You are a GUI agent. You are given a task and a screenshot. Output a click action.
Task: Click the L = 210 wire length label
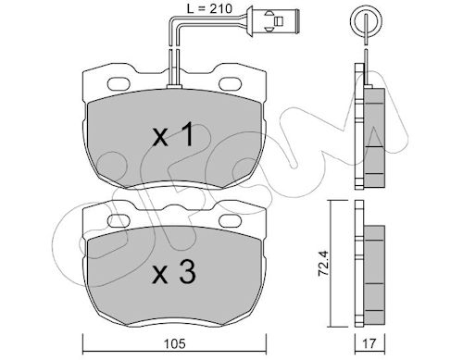click(x=209, y=8)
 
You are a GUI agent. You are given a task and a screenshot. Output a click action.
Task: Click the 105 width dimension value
click(x=175, y=343)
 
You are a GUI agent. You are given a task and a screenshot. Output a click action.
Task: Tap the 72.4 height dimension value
click(x=323, y=263)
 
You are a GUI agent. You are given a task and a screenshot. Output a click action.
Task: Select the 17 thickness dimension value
click(x=369, y=343)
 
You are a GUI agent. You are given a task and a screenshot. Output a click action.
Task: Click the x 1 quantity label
click(x=173, y=134)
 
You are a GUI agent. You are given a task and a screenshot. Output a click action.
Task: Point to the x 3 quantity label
click(x=174, y=271)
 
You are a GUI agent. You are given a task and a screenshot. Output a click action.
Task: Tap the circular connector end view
click(x=366, y=21)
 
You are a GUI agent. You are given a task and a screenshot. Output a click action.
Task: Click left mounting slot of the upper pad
click(x=119, y=84)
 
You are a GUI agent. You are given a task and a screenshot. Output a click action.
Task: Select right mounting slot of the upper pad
click(x=231, y=84)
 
